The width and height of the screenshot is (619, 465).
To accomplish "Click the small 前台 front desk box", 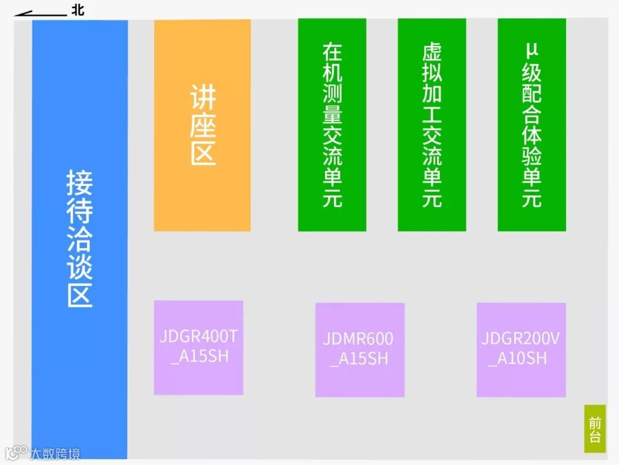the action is (x=595, y=429).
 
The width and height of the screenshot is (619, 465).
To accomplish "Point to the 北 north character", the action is (x=77, y=10).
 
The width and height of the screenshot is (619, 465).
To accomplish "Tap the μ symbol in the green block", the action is (x=531, y=52).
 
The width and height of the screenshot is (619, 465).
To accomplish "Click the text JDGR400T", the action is (x=198, y=336).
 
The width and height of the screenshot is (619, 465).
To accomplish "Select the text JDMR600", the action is (x=358, y=339).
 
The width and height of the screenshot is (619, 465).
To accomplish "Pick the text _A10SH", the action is (x=518, y=359).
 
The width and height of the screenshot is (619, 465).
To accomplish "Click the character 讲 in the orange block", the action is (x=203, y=97).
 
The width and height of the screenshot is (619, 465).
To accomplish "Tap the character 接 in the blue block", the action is (x=80, y=183).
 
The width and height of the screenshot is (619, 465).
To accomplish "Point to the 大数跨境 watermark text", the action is (x=54, y=454).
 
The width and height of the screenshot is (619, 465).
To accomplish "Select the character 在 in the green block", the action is (x=332, y=52).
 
